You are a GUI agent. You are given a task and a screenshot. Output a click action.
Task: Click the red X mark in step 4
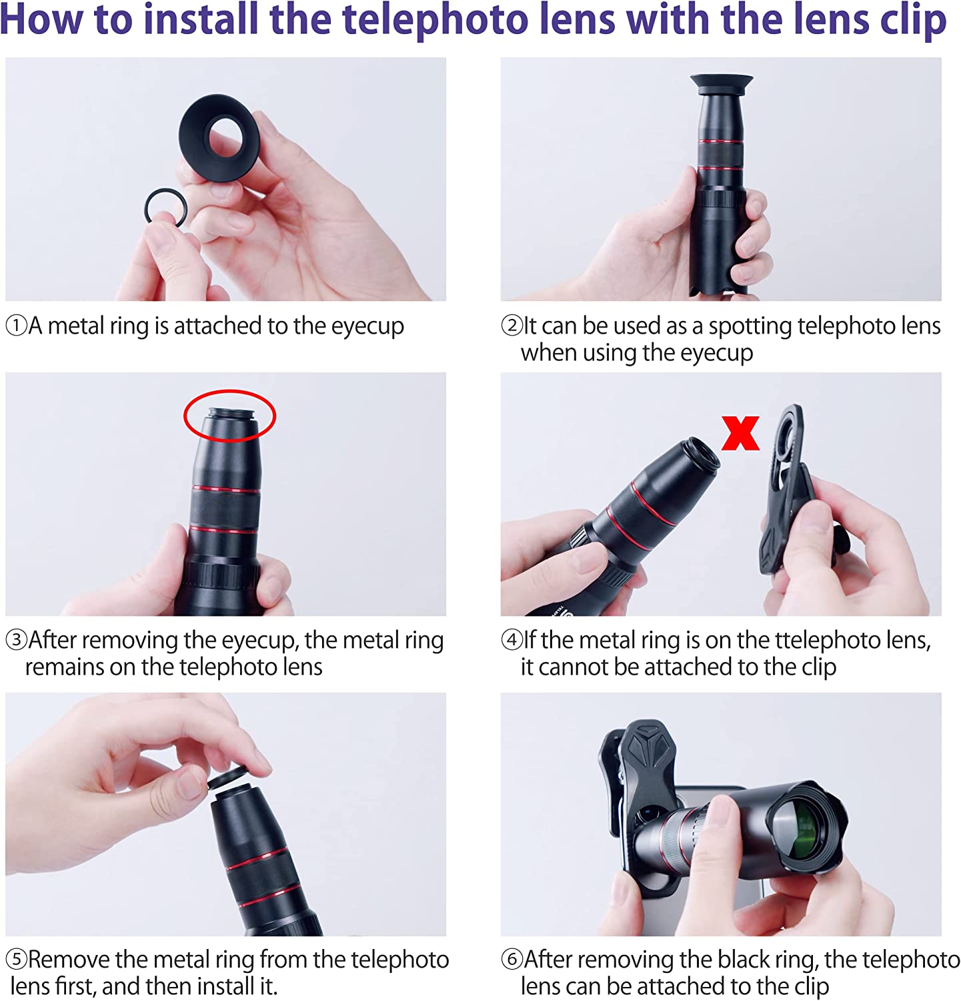coord(740,433)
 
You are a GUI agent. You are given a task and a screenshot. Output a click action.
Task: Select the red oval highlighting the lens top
coord(187,415)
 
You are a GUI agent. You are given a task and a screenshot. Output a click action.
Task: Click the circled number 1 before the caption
coord(16,326)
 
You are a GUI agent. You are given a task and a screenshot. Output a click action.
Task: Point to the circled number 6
coord(512,960)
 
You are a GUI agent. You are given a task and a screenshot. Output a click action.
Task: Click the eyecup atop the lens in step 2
coord(722,85)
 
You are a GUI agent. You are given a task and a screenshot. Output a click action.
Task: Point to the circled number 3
coord(16,640)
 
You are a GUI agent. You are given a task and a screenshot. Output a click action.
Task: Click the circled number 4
coord(512,640)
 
